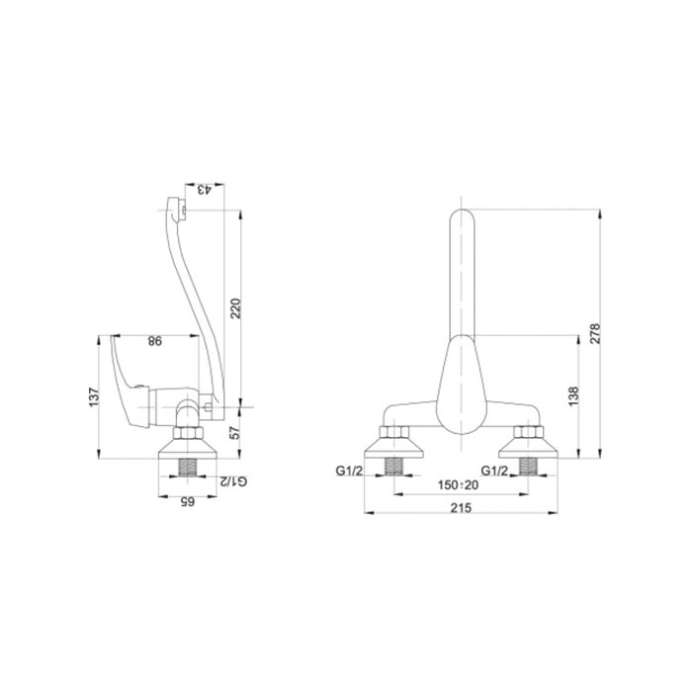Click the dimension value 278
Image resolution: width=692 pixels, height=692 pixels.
(595, 333)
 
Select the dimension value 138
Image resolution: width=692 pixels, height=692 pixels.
(572, 396)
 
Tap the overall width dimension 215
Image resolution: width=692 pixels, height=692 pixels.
(461, 507)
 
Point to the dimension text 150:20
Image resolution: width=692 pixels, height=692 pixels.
(458, 485)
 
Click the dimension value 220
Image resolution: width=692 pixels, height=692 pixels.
(236, 308)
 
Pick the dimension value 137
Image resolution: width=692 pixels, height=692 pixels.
(94, 396)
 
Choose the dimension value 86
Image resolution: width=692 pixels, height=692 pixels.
(155, 341)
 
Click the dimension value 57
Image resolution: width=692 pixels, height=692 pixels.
(236, 433)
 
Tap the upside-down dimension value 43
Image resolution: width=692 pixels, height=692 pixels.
(205, 190)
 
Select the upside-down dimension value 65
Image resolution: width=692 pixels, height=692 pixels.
(187, 502)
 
